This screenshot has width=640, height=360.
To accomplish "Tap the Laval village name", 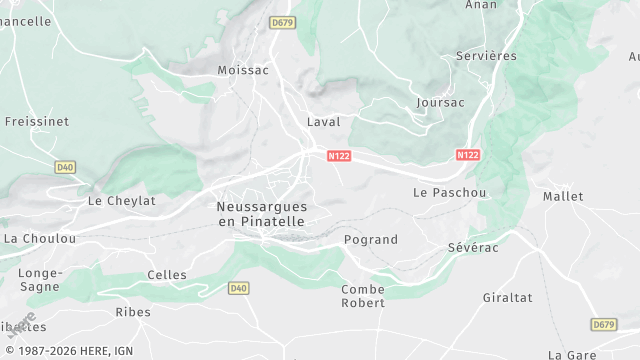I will pyautogui.click(x=323, y=122).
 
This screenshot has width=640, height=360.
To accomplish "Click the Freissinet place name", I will pyautogui.click(x=36, y=121).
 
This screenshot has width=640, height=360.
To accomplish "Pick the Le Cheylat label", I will pyautogui.click(x=122, y=200).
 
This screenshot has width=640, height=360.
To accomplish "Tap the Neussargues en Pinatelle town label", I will pyautogui.click(x=262, y=214).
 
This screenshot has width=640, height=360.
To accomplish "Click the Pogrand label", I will pyautogui.click(x=370, y=240).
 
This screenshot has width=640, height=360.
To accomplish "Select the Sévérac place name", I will pyautogui.click(x=472, y=245).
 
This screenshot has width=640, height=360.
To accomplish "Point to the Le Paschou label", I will pyautogui.click(x=449, y=192).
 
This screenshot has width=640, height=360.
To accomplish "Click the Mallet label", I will pyautogui.click(x=563, y=197).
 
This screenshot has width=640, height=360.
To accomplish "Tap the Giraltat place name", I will pyautogui.click(x=507, y=298).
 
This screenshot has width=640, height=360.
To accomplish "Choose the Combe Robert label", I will pyautogui.click(x=363, y=296).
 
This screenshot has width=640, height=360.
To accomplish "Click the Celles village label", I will pyautogui.click(x=167, y=275).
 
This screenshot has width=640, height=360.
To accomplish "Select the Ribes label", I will pyautogui.click(x=133, y=312).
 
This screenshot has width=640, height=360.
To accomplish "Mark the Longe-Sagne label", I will pyautogui.click(x=40, y=280).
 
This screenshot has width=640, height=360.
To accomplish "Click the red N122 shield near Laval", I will pyautogui.click(x=338, y=155).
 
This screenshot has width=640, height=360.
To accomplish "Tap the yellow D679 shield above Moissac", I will pyautogui.click(x=283, y=21).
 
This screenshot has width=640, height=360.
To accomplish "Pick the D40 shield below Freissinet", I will pyautogui.click(x=65, y=167).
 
